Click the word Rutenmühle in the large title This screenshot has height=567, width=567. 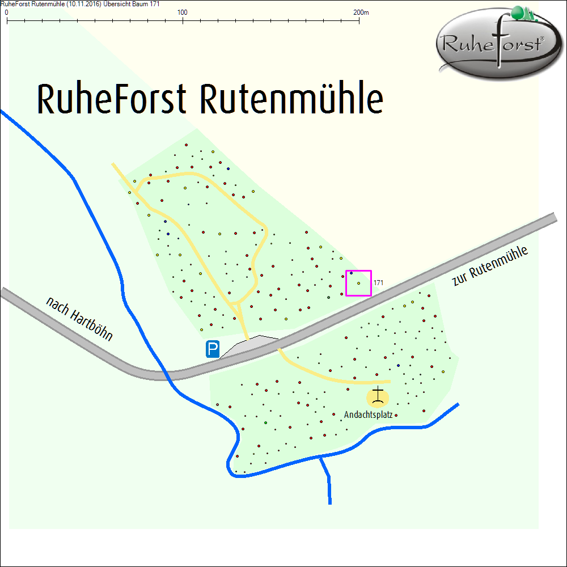[291, 100]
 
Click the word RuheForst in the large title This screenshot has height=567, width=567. [111, 100]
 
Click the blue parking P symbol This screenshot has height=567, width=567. [213, 349]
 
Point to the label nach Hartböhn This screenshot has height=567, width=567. [80, 319]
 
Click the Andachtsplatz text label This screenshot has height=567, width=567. [368, 415]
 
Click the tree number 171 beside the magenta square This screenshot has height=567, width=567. [379, 282]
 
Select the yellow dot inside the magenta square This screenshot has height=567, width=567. [359, 283]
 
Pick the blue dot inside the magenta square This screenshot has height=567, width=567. [352, 273]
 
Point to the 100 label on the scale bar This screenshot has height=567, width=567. [183, 12]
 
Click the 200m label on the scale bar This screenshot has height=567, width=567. [361, 12]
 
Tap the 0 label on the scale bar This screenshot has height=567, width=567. [6, 12]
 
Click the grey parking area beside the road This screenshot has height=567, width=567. [249, 346]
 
